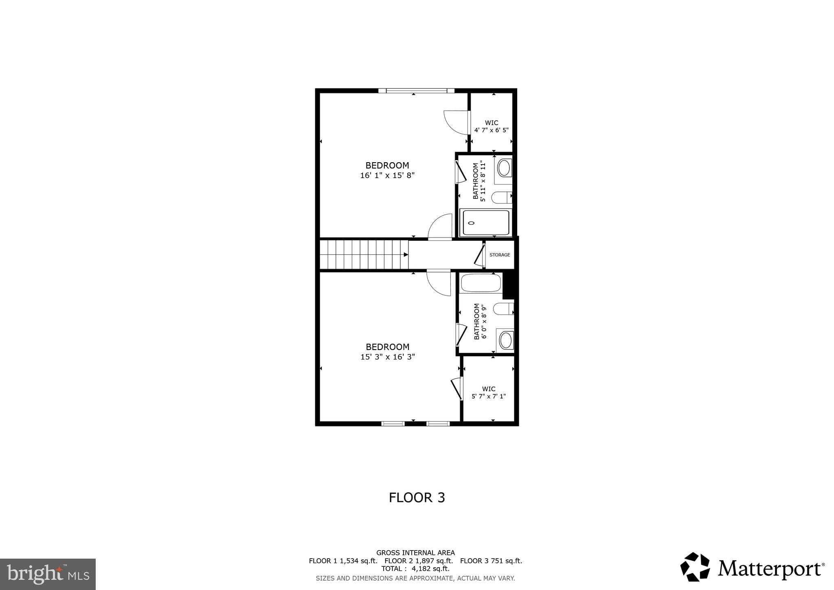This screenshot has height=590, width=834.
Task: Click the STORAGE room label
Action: pyautogui.click(x=499, y=255)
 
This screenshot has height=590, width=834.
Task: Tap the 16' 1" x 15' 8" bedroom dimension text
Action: pyautogui.click(x=387, y=176)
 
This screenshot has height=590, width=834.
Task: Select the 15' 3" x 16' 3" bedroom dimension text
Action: pyautogui.click(x=387, y=357)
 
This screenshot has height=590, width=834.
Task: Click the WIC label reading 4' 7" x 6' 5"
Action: pyautogui.click(x=491, y=127)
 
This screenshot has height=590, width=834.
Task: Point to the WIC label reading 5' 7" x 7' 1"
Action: pyautogui.click(x=488, y=393)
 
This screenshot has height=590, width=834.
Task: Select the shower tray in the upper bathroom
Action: pyautogui.click(x=485, y=222)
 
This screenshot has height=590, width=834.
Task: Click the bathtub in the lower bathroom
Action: pyautogui.click(x=481, y=283)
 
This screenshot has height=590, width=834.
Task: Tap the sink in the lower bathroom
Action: pyautogui.click(x=505, y=340)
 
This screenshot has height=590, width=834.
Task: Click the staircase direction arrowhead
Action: pyautogui.click(x=406, y=255)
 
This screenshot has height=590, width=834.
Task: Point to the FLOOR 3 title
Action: pyautogui.click(x=417, y=498)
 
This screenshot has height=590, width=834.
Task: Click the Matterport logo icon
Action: pyautogui.click(x=695, y=567)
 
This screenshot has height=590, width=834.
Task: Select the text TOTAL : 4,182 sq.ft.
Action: pyautogui.click(x=415, y=568)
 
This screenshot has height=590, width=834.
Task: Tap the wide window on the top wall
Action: pyautogui.click(x=416, y=91)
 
